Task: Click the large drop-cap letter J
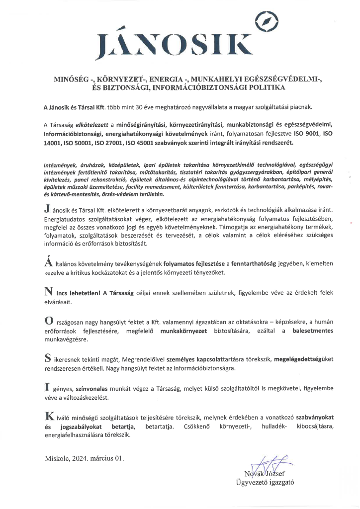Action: click(x=46, y=207)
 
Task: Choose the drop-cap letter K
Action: click(x=48, y=416)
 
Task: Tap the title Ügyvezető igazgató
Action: click(x=266, y=482)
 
